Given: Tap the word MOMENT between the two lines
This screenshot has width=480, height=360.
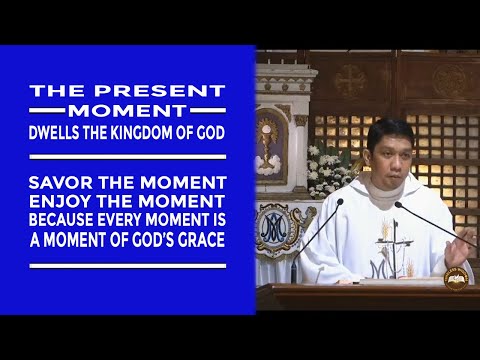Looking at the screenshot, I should (x=129, y=110).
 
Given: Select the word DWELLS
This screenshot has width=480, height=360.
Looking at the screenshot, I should (x=63, y=130).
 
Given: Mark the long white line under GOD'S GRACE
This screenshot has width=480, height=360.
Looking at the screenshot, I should (x=127, y=265).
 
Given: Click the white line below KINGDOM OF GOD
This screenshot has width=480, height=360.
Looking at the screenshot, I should (x=127, y=155).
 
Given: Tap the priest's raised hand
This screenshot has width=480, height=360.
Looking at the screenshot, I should (x=462, y=241).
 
